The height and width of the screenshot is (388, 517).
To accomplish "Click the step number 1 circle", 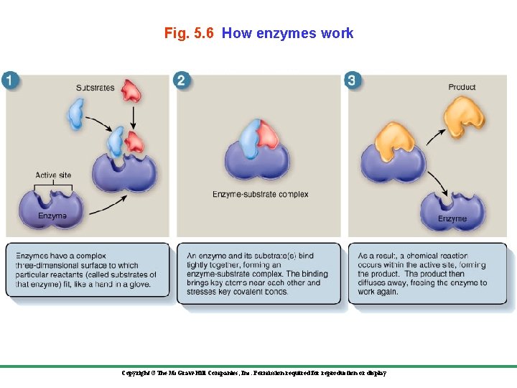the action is (11, 80).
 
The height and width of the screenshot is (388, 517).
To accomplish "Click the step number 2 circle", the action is (181, 80).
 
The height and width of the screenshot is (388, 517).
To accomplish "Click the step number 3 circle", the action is (351, 80).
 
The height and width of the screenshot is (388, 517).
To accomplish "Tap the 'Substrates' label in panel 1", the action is (95, 88).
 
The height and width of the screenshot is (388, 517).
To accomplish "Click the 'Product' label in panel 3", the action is (462, 87).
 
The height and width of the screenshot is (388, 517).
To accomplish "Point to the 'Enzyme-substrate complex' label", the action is (261, 194).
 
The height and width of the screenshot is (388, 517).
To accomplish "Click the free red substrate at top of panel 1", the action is (132, 91).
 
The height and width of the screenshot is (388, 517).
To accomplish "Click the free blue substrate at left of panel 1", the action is (75, 114).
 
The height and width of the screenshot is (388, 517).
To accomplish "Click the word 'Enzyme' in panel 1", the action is (52, 216).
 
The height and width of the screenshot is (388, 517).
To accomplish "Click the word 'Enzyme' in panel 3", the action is (452, 218).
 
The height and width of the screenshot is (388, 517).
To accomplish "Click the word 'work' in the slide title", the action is (337, 33).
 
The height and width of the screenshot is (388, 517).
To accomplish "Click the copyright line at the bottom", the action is (254, 374).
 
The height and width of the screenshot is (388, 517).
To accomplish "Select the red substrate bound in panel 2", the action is (267, 134).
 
